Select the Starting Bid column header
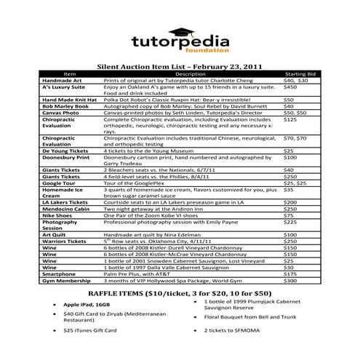(299, 73)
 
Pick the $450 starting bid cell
(290, 86)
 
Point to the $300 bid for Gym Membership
(290, 279)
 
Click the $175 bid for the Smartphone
(290, 273)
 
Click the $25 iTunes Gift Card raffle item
(95, 329)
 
